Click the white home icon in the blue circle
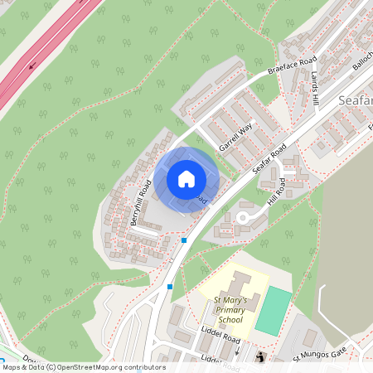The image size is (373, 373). click(186, 179)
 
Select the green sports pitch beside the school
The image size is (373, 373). click(273, 310)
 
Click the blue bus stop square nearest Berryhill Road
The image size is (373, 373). click(184, 240)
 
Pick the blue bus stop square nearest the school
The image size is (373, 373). click(170, 287)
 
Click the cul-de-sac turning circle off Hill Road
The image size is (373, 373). click(244, 217)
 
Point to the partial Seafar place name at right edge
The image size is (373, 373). click(356, 100)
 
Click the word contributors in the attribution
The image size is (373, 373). click(141, 367)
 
